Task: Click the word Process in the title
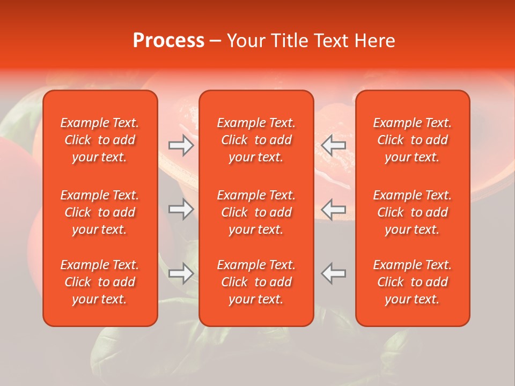168,41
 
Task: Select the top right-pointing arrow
181,145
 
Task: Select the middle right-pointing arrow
181,209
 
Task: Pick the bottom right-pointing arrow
181,273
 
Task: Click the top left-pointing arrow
334,145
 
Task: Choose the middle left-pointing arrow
334,209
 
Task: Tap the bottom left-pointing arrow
334,273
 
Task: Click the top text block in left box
100,140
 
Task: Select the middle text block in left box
100,212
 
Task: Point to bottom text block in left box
100,282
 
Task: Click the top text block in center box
256,140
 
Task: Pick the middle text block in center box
256,212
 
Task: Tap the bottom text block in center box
256,282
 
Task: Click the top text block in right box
413,140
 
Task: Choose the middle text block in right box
413,212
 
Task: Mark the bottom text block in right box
413,282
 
